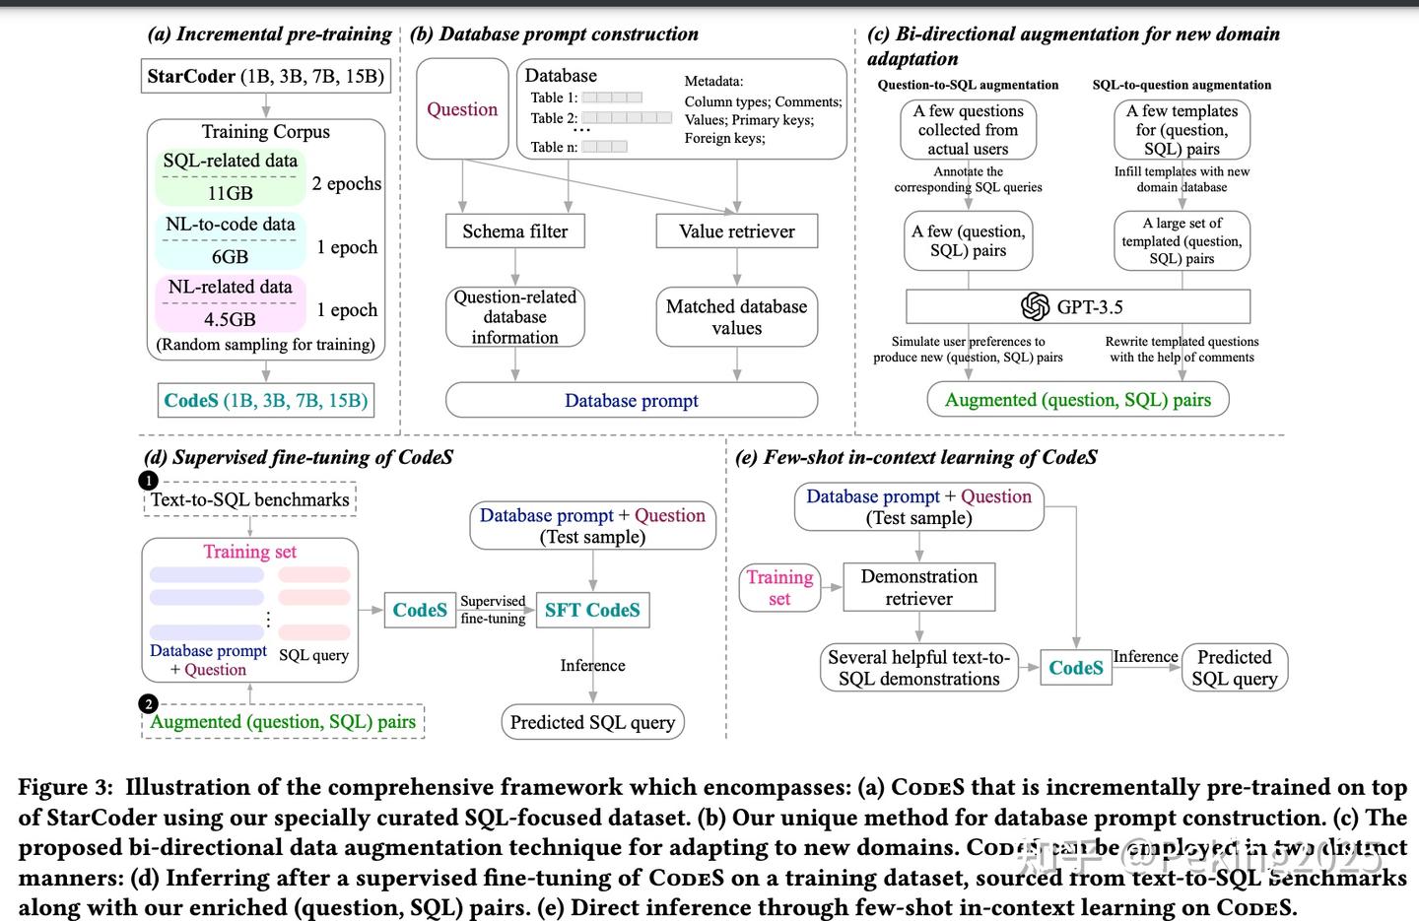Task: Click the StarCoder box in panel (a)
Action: click(265, 77)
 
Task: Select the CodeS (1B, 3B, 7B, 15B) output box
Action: click(266, 401)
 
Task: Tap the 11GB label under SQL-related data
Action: click(230, 193)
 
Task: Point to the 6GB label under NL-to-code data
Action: click(230, 256)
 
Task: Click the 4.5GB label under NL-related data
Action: click(230, 319)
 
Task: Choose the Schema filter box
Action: click(514, 231)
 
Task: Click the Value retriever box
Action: click(737, 231)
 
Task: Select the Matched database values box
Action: click(737, 317)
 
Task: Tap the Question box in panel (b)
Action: click(462, 109)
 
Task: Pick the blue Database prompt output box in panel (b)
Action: click(632, 401)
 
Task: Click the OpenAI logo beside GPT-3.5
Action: click(1035, 306)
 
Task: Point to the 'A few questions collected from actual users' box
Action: click(969, 130)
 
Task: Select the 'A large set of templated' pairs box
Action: click(1182, 241)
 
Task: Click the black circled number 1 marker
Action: click(149, 481)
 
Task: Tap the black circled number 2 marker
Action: click(149, 703)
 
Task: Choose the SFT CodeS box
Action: click(592, 610)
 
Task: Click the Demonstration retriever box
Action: click(918, 587)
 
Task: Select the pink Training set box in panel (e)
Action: click(779, 587)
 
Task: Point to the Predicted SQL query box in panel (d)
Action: click(592, 722)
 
